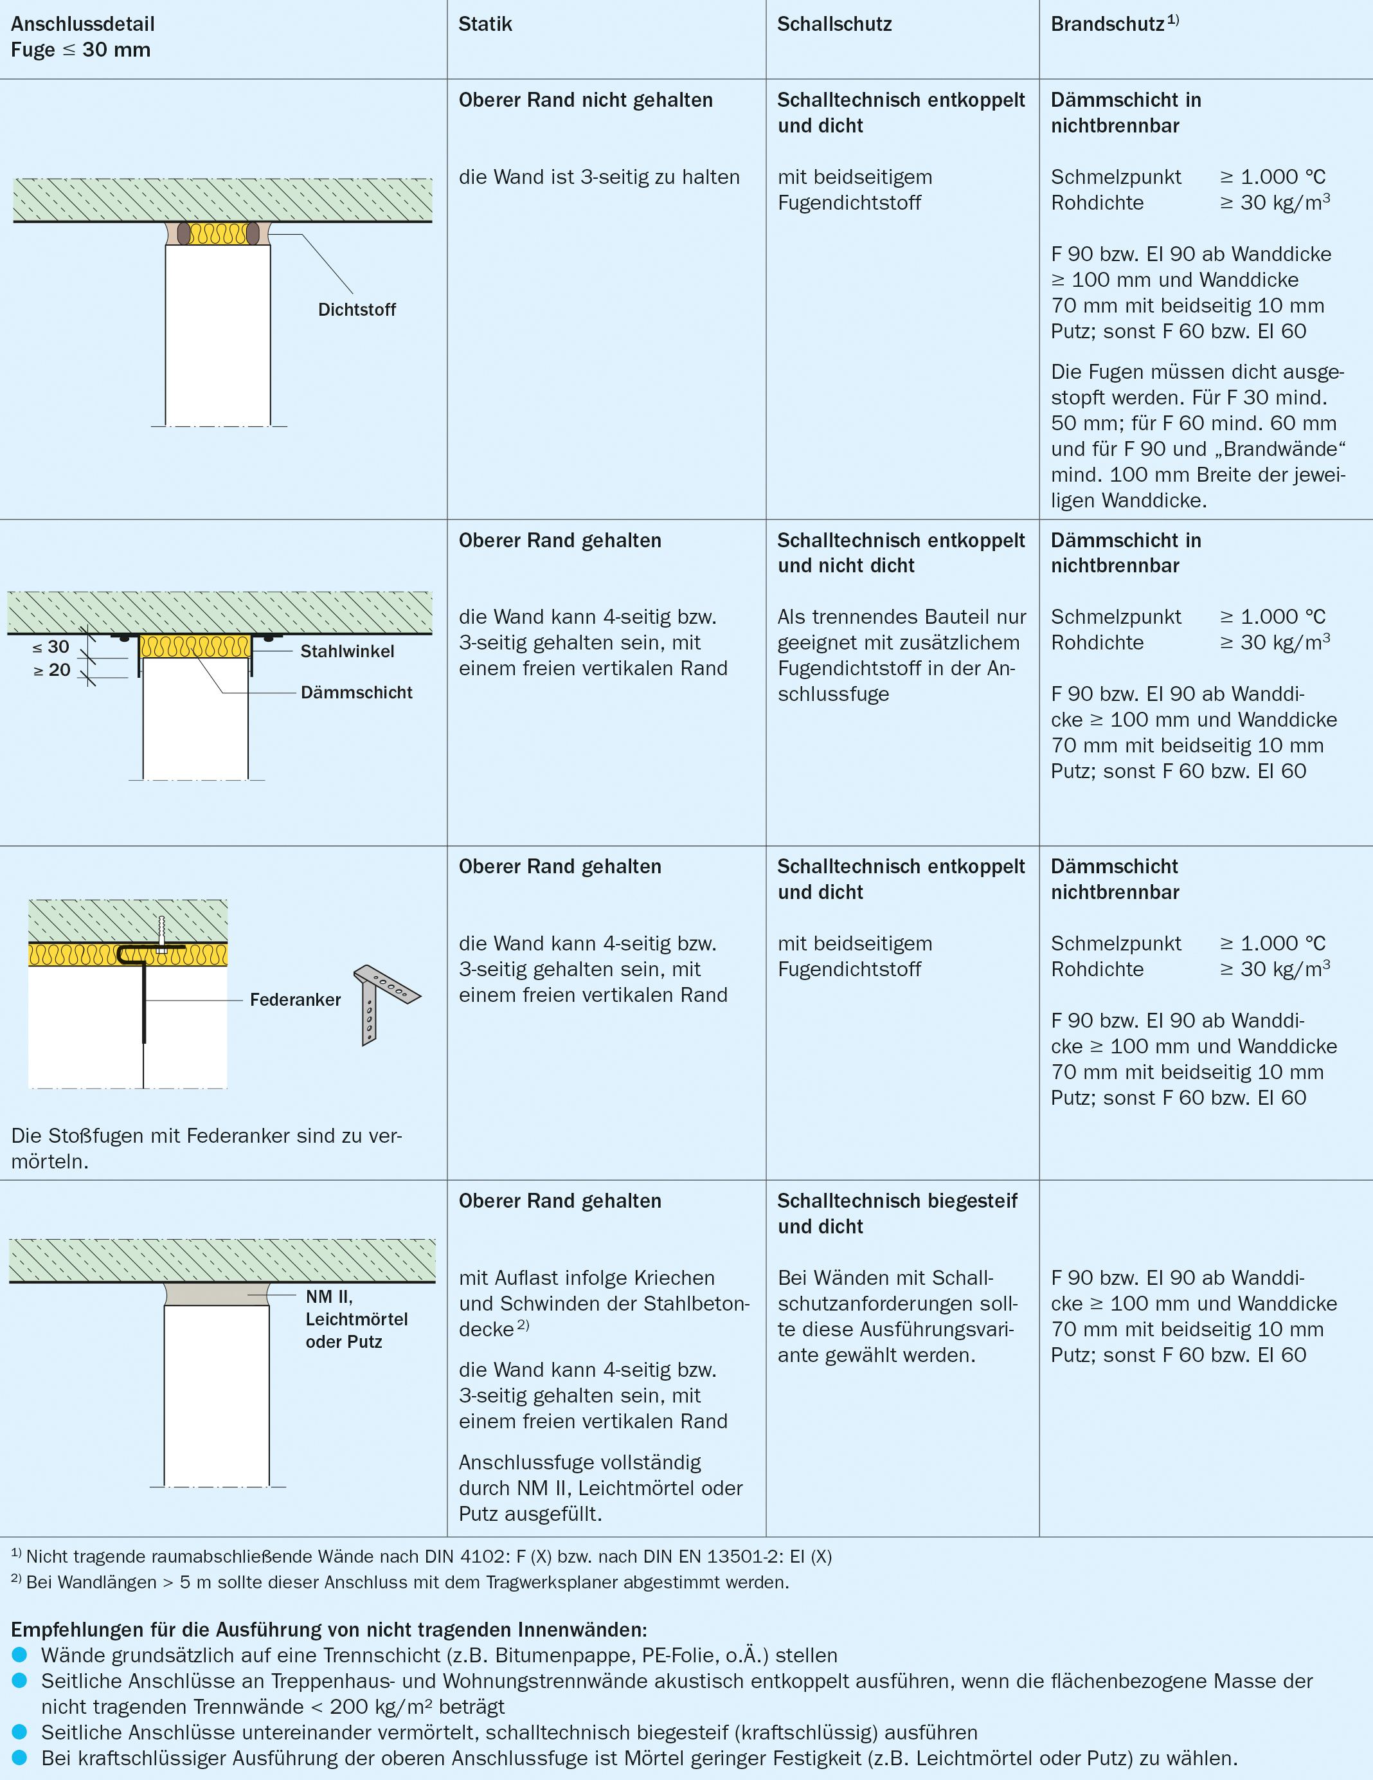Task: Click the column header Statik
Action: tap(485, 24)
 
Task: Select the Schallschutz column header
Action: tap(834, 24)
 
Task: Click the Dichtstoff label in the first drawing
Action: tap(356, 310)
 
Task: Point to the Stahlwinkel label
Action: tap(347, 651)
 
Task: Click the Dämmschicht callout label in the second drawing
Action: tap(356, 693)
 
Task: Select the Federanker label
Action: tap(295, 1000)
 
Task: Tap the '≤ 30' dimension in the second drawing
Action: tap(51, 647)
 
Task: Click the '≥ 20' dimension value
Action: tap(51, 670)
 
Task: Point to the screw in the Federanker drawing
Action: tap(162, 934)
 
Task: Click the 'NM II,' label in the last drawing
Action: tap(328, 1296)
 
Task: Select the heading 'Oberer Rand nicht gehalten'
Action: tap(585, 100)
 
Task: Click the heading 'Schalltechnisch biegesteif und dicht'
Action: tap(896, 1213)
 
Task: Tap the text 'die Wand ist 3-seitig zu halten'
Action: tap(599, 177)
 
